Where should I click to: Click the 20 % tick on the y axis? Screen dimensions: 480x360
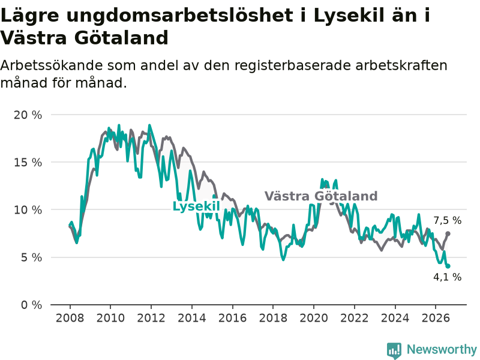[x=28, y=115]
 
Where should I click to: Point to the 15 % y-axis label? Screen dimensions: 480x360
[x=28, y=163]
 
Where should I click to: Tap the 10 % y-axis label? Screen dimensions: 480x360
[x=28, y=210]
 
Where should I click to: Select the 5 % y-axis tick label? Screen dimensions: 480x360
[x=31, y=257]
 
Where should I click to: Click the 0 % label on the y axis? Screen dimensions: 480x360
[x=31, y=305]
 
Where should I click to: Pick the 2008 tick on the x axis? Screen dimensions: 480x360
[x=70, y=318]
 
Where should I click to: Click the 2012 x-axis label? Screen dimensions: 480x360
[x=151, y=318]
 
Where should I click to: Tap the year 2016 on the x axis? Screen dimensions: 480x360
[x=232, y=318]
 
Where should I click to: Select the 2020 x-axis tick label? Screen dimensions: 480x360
[x=314, y=318]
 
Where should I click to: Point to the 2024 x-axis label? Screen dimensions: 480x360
[x=395, y=318]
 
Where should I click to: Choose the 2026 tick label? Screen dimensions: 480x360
[x=436, y=318]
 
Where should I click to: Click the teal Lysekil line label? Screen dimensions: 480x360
[x=196, y=206]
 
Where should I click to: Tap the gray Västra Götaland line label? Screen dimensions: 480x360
[x=321, y=196]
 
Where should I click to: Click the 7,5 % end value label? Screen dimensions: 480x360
[x=447, y=220]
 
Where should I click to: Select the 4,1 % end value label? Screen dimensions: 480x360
[x=447, y=277]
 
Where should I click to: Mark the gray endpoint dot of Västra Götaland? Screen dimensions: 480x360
[x=448, y=233]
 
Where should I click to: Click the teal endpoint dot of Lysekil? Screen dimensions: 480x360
[x=448, y=266]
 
